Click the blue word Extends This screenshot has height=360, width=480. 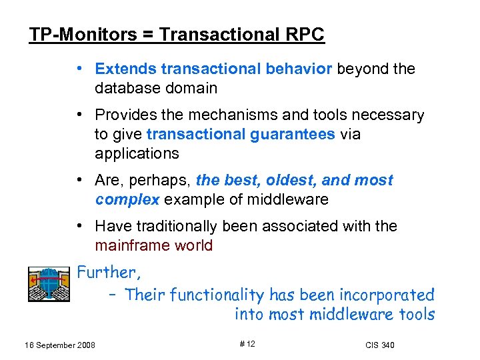click(125, 69)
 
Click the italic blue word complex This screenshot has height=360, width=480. click(127, 199)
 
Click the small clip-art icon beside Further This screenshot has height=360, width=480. click(49, 283)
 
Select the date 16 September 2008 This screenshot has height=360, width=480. click(59, 345)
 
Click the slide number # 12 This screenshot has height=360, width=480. click(247, 343)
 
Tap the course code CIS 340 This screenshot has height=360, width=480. click(379, 345)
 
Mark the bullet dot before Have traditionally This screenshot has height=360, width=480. click(79, 226)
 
